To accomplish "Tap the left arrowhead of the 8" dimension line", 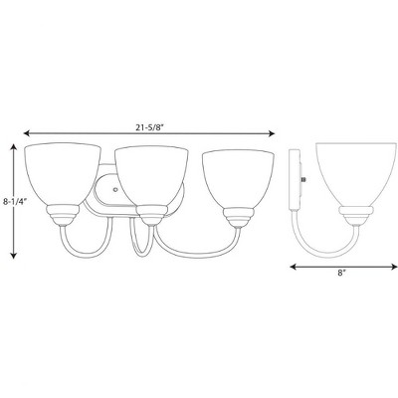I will click(x=294, y=268).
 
